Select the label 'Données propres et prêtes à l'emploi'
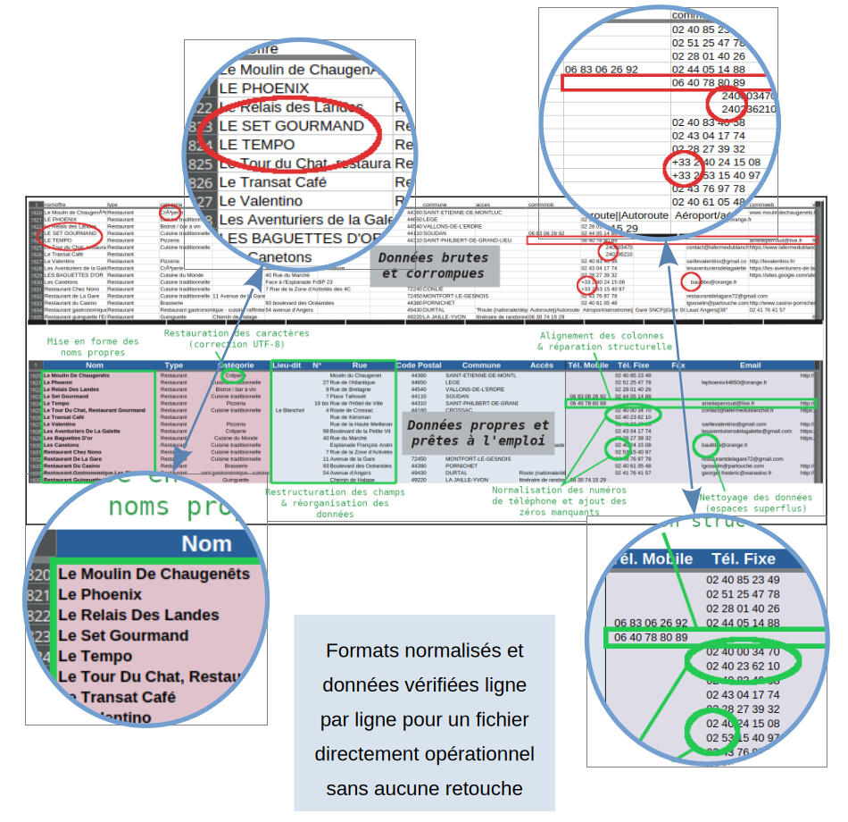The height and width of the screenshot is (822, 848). point(478,432)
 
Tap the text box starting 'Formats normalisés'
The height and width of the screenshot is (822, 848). point(424,718)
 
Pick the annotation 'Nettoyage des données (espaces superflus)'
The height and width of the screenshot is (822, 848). point(754,502)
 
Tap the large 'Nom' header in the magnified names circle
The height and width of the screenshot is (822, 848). point(206,543)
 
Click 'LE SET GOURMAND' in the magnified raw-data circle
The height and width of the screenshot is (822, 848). point(292,126)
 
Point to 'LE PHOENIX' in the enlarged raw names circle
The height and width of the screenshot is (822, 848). point(264,88)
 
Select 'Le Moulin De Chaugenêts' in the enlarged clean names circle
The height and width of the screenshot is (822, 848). point(154,574)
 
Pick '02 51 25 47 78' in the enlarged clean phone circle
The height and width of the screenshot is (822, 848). point(742,594)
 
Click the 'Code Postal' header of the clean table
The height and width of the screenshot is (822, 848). point(419,365)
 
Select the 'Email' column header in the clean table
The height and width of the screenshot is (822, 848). point(750,365)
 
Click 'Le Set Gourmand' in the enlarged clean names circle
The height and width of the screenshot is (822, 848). point(123,635)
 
